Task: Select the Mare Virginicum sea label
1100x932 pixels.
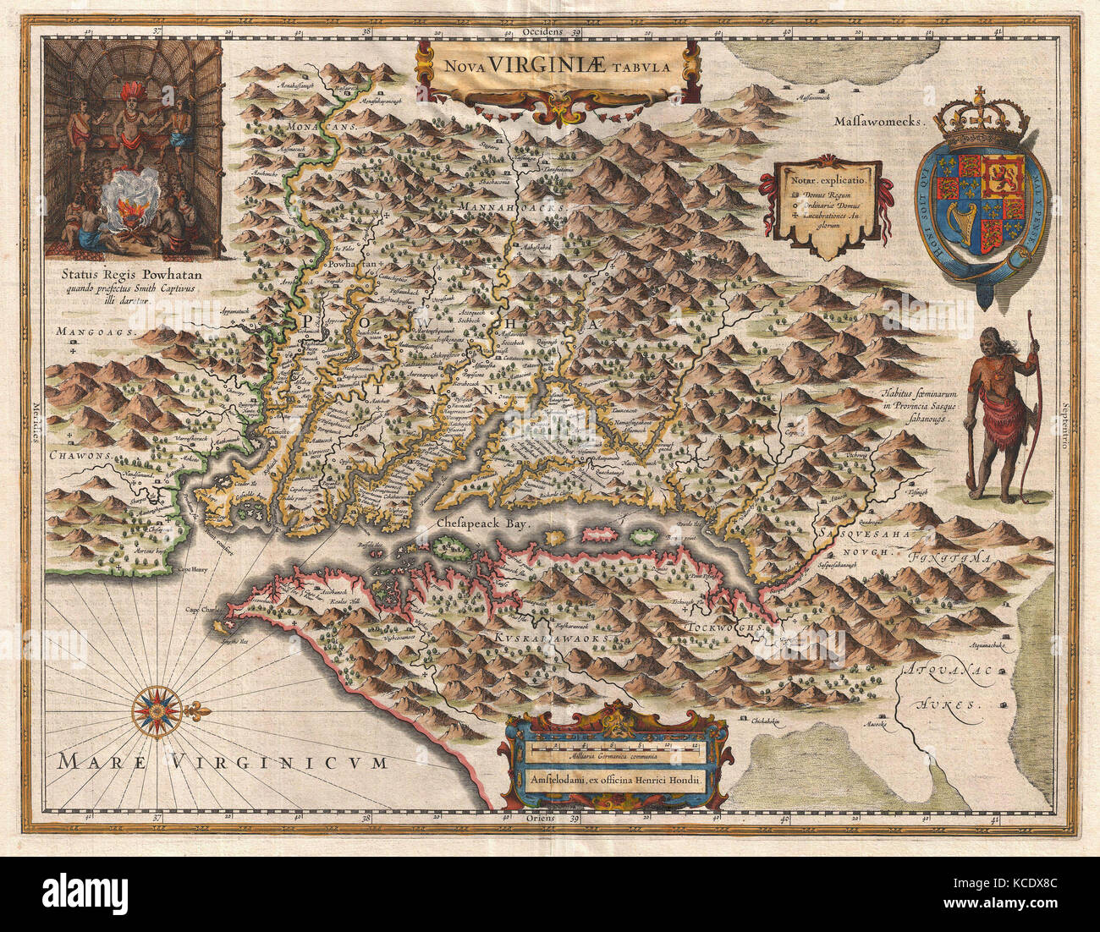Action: [x=223, y=762]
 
